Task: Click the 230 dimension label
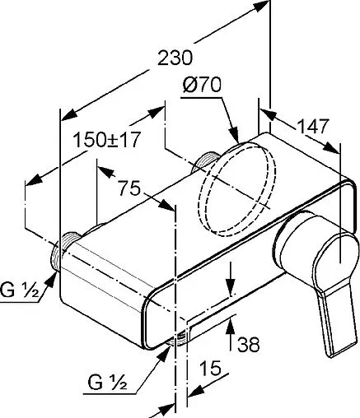coord(175,58)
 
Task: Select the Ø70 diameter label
coord(202,85)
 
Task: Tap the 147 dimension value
coord(313,127)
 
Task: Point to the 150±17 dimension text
coord(108,139)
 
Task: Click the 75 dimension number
coord(129,188)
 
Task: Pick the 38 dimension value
coord(249,344)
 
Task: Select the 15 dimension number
coord(210,368)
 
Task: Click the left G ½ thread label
coord(20,290)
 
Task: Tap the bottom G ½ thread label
coord(107,383)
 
